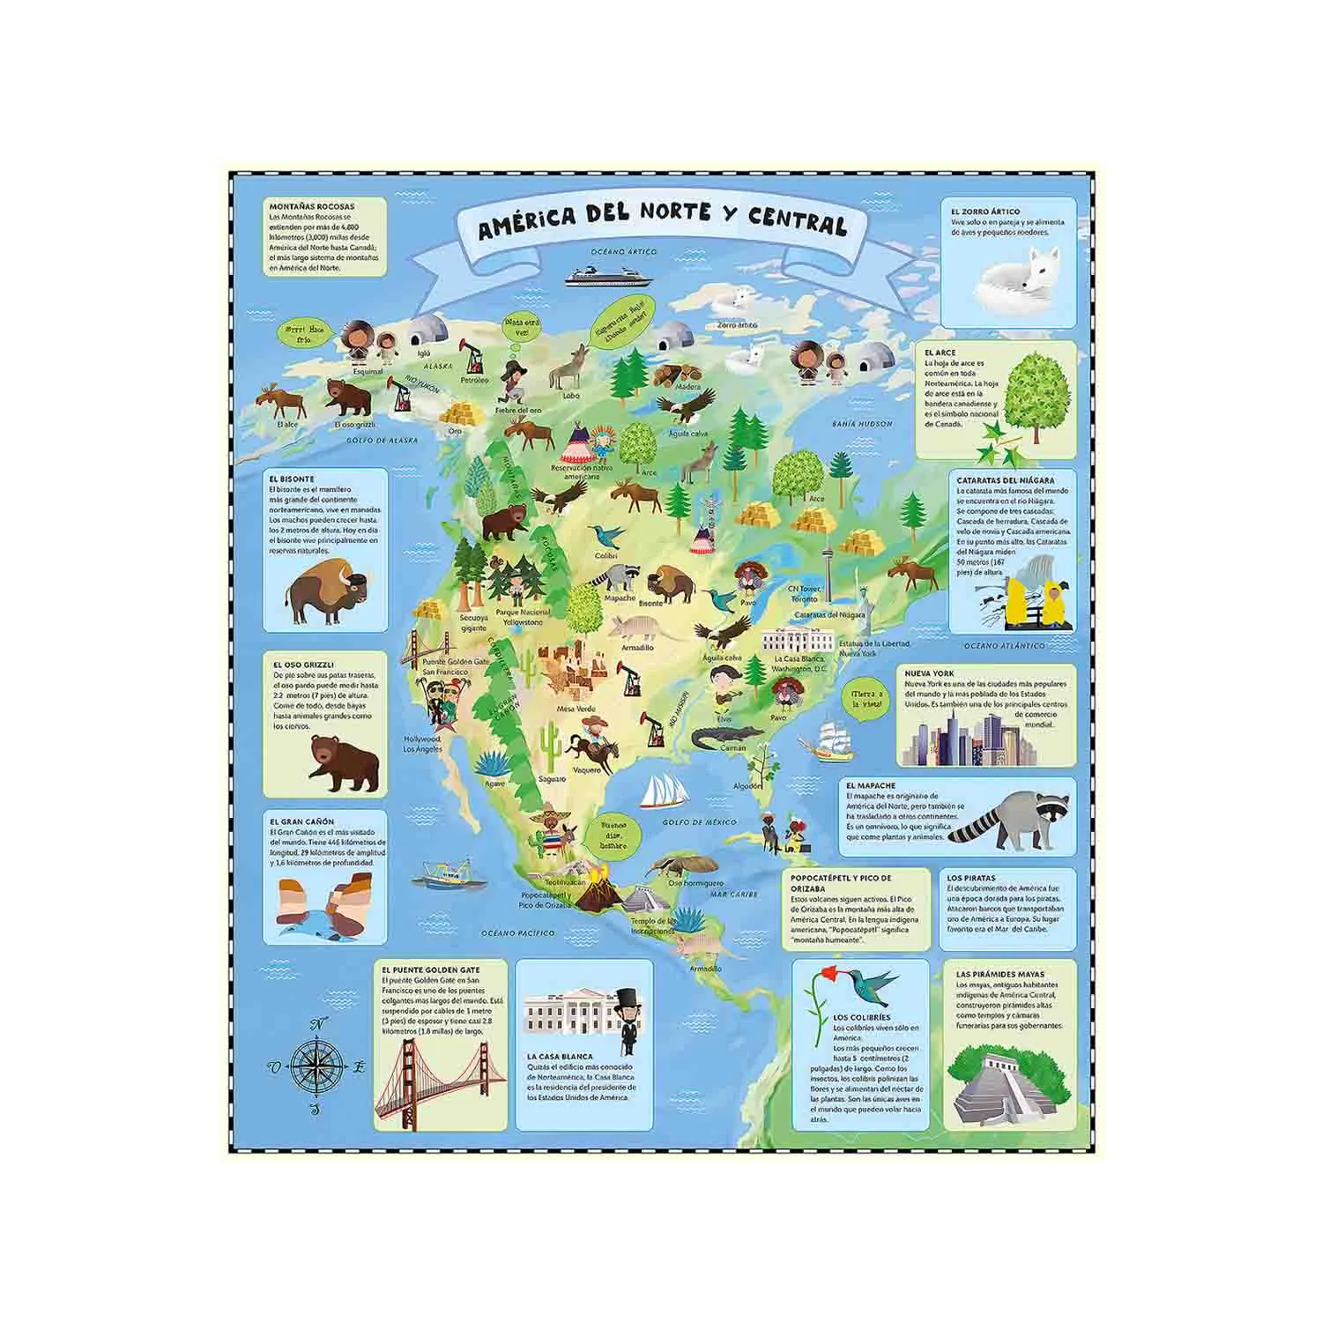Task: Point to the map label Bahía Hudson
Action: click(862, 424)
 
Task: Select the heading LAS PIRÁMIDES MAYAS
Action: click(999, 975)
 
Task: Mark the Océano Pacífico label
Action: click(517, 932)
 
